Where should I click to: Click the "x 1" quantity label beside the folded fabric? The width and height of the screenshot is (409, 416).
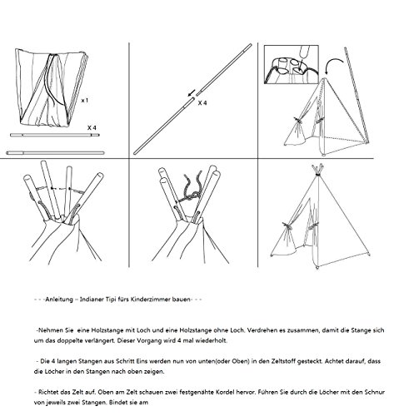(85, 101)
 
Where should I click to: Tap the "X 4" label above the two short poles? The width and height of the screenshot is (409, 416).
(92, 128)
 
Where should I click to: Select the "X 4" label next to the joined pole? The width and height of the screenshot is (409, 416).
(202, 103)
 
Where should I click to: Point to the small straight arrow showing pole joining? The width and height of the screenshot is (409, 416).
(192, 93)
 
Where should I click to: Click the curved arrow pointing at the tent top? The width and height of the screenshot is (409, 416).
(333, 62)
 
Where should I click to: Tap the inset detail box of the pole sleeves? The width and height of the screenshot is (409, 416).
(292, 65)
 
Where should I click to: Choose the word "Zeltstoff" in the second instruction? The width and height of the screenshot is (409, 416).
(309, 361)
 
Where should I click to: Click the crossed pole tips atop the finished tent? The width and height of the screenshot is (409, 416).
(317, 169)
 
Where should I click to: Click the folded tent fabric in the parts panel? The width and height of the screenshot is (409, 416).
(52, 87)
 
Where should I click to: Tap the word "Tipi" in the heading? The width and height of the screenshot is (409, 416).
(111, 300)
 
